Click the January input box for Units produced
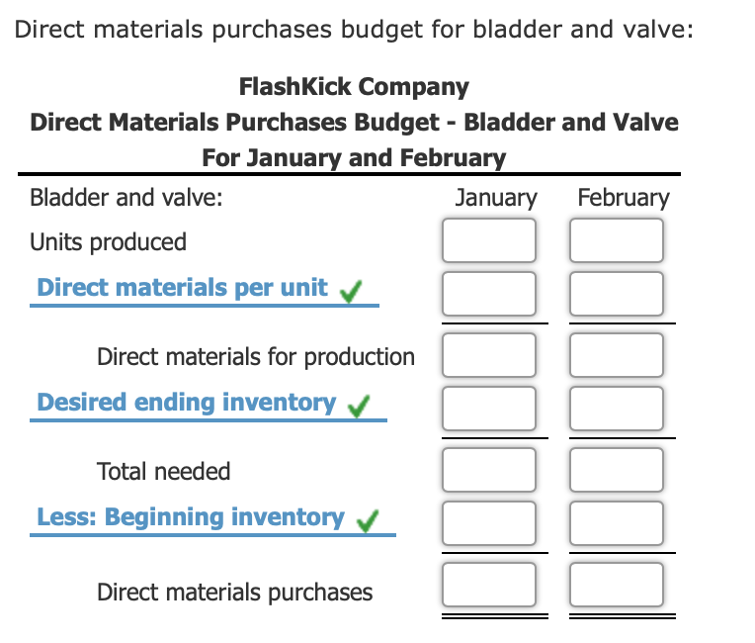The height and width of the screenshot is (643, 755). click(489, 240)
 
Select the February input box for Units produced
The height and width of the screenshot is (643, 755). click(617, 240)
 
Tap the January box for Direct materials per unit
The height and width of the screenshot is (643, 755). click(489, 293)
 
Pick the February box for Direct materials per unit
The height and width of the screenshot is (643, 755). click(617, 293)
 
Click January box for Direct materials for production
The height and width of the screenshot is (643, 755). click(489, 355)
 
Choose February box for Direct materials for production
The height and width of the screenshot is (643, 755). click(617, 355)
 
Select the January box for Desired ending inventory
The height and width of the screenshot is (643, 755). click(489, 408)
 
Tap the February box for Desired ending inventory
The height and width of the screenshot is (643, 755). click(617, 408)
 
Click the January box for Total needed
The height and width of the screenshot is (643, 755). click(489, 470)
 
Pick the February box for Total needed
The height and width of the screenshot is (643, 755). click(617, 470)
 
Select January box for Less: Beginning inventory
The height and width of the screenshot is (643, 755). click(489, 522)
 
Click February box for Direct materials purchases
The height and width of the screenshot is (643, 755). click(617, 585)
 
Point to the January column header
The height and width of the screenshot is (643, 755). click(496, 197)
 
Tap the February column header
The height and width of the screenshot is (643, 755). click(624, 197)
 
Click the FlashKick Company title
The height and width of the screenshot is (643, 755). click(354, 87)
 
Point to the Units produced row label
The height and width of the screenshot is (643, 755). click(108, 241)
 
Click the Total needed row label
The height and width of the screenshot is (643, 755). click(163, 471)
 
